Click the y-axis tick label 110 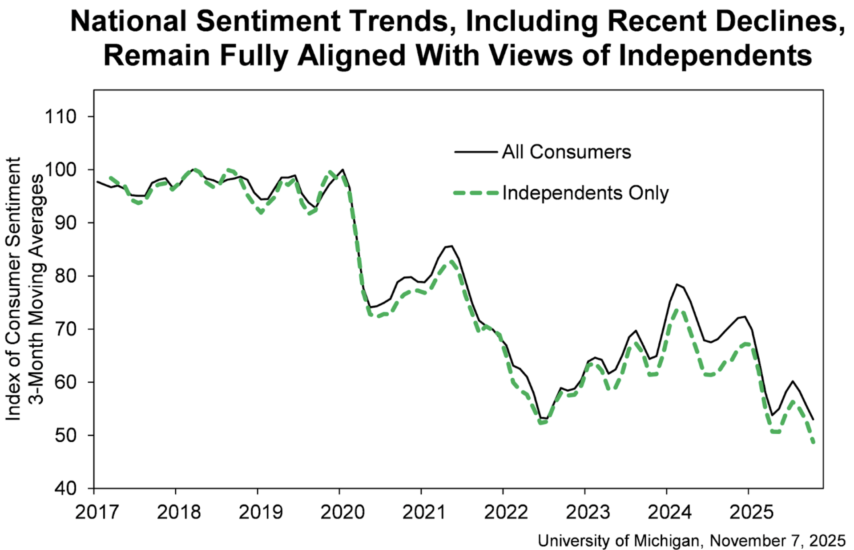(x=60, y=117)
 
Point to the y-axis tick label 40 (x=66, y=488)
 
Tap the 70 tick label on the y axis (x=66, y=329)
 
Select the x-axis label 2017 (x=97, y=512)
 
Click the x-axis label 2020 (x=342, y=512)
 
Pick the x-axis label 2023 (x=587, y=512)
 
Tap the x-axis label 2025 (x=751, y=512)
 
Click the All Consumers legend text (x=566, y=152)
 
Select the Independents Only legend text (x=585, y=193)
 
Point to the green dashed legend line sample (x=475, y=193)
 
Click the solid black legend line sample (x=475, y=152)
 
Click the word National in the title (x=129, y=21)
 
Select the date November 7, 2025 (x=777, y=541)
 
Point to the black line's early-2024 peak (x=677, y=284)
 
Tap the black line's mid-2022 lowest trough (x=544, y=419)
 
